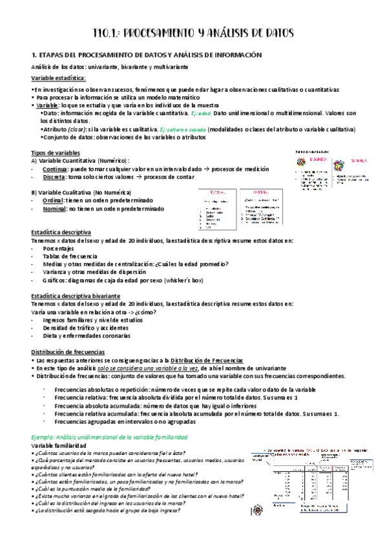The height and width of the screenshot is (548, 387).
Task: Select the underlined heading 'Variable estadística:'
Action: click(58, 78)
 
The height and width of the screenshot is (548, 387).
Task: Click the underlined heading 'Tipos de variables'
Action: click(56, 152)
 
